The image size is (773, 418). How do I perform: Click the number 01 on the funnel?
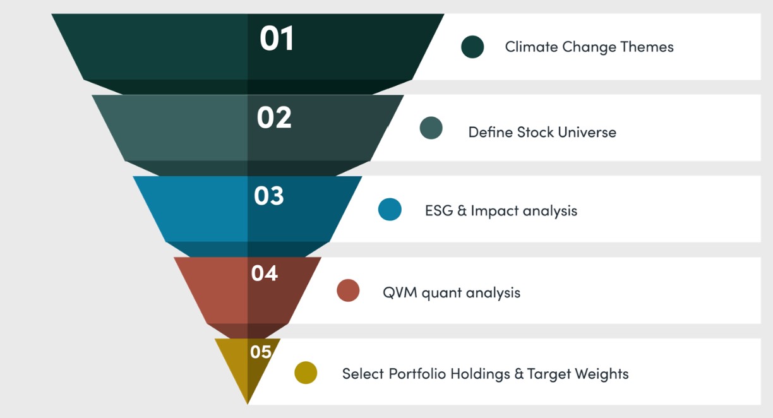[277, 39]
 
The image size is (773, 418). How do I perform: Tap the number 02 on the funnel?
[274, 117]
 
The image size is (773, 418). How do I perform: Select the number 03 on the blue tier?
[269, 196]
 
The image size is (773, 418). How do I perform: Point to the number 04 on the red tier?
[265, 273]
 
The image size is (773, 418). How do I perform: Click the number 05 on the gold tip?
[261, 352]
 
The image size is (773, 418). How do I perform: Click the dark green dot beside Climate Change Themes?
[472, 47]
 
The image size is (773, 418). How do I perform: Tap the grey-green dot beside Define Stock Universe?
[431, 128]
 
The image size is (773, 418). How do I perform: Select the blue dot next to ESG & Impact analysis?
[390, 210]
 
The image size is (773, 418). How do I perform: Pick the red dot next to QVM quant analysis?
[348, 290]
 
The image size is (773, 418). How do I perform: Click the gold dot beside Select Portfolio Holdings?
[306, 373]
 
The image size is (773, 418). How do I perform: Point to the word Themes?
[647, 47]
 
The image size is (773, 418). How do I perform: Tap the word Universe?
[587, 132]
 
